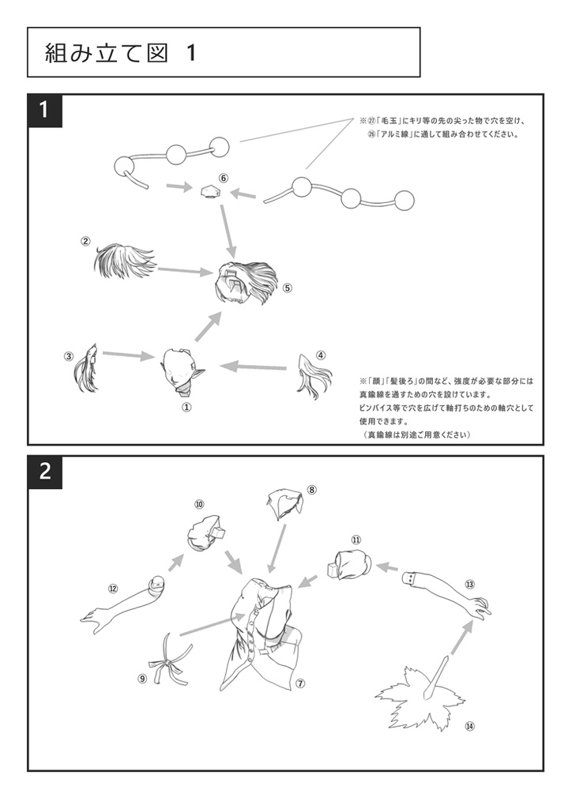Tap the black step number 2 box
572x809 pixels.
pos(45,472)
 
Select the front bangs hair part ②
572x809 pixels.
pos(124,262)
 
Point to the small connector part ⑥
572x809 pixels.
pos(210,192)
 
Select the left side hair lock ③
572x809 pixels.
pos(86,368)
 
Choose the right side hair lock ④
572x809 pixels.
pos(310,376)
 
